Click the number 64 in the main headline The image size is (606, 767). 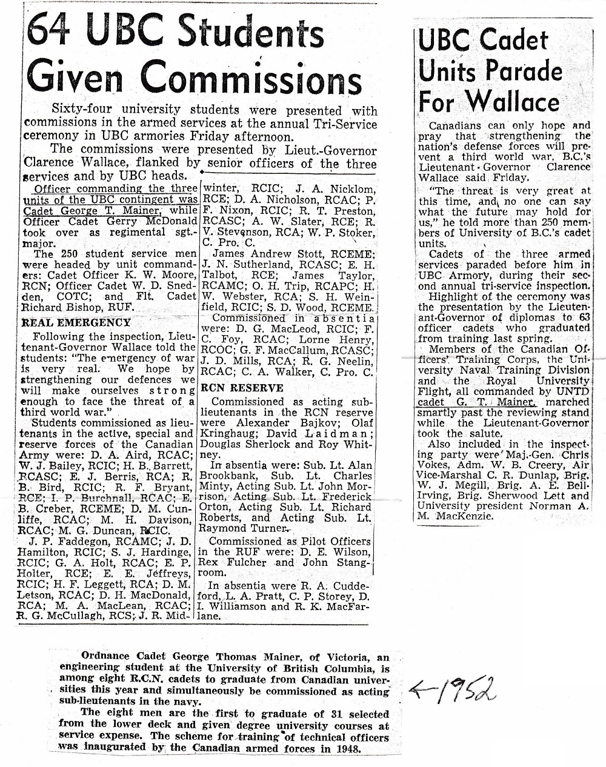click(x=54, y=35)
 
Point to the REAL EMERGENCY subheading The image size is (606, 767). click(x=76, y=323)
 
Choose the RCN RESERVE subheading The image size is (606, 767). click(x=242, y=388)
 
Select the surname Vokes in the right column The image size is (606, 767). click(x=436, y=465)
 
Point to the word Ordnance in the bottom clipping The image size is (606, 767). click(x=104, y=657)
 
